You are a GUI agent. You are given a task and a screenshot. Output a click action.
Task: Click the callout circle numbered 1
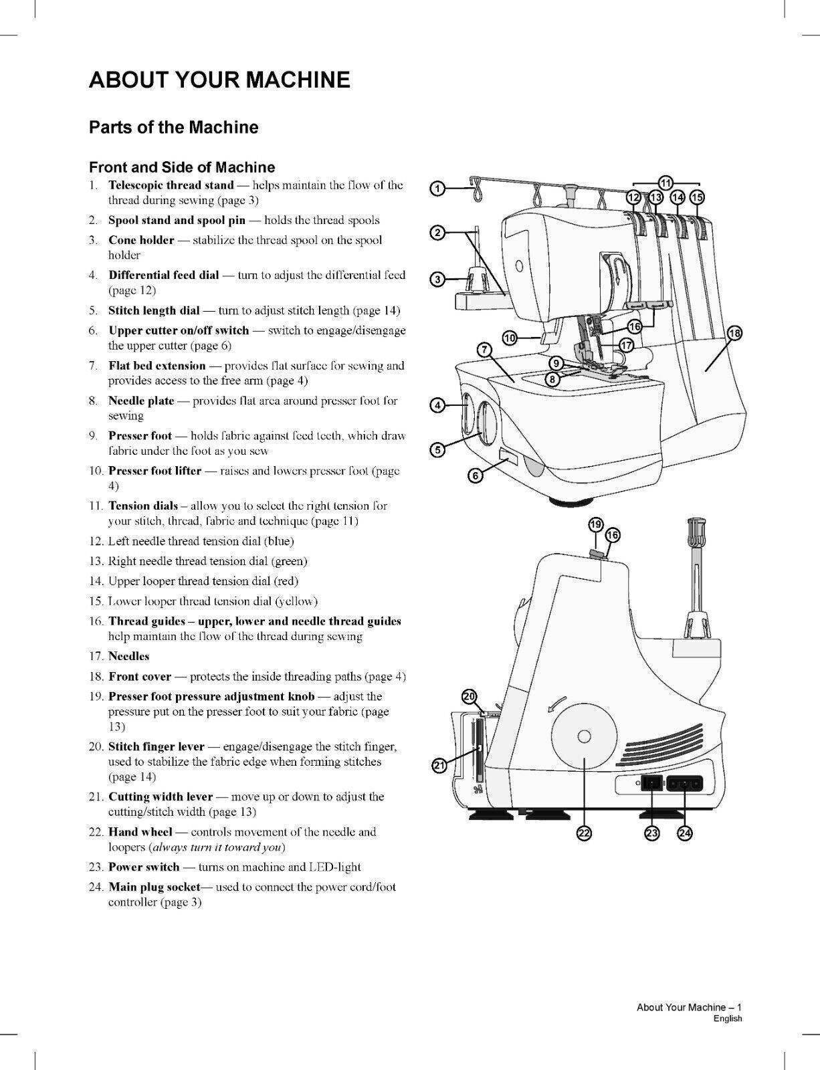437,189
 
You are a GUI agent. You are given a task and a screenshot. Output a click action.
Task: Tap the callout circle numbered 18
734,333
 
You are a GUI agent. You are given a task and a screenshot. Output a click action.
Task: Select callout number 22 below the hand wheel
584,833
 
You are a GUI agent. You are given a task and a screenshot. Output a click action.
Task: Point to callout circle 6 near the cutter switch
475,475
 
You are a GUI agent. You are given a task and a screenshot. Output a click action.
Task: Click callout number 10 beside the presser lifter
510,338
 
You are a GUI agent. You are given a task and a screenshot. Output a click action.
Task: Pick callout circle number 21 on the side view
439,766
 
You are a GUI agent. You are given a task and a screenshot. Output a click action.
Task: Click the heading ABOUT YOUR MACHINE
219,80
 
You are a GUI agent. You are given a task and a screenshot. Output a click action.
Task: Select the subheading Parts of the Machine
173,127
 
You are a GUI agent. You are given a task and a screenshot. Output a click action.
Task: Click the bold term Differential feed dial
163,275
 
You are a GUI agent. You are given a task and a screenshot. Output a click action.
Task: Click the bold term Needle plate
141,401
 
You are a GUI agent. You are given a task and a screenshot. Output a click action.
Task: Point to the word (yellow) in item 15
296,601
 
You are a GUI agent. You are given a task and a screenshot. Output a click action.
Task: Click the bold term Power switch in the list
144,867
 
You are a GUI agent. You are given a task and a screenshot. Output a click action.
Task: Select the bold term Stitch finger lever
156,746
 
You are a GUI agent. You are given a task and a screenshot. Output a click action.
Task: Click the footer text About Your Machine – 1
689,1007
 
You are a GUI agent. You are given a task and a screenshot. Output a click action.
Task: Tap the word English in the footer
727,1019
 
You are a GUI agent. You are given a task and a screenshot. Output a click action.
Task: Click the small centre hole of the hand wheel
584,736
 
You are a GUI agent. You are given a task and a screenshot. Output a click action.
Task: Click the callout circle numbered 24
685,833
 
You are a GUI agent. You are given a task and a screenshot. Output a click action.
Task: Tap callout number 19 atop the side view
596,524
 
